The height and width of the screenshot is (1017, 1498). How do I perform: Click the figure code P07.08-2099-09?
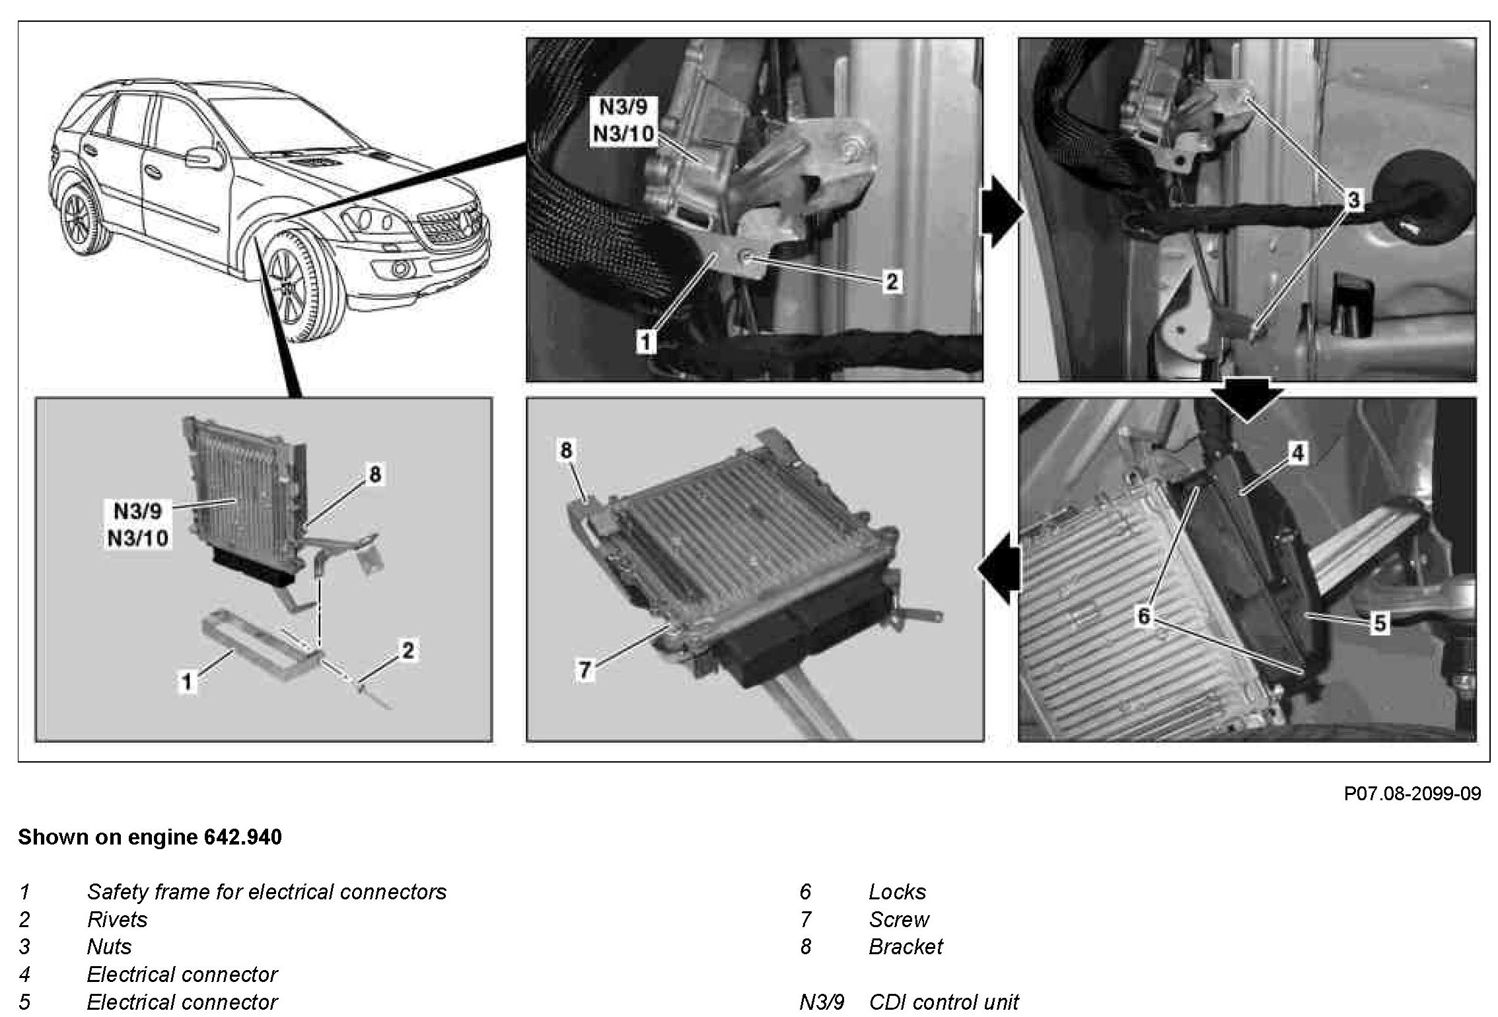(x=1412, y=794)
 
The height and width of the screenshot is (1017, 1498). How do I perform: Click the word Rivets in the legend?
(x=117, y=919)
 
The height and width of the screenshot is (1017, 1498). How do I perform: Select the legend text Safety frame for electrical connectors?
(x=267, y=892)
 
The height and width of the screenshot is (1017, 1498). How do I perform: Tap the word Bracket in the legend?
(x=906, y=946)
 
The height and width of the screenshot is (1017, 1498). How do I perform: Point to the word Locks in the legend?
(x=897, y=892)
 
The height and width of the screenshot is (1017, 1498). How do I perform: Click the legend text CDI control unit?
(x=944, y=1002)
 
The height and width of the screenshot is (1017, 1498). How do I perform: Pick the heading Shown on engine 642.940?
(x=150, y=837)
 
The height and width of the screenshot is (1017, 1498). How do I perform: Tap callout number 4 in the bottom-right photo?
(x=1297, y=453)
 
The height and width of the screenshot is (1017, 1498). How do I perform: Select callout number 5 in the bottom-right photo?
(x=1379, y=622)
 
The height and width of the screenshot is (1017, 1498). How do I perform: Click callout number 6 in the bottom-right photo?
(x=1143, y=616)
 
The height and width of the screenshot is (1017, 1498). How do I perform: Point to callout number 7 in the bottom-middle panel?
(x=584, y=670)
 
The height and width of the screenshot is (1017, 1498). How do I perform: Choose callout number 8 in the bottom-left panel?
(x=374, y=474)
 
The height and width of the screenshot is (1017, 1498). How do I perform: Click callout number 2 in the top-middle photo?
(x=892, y=282)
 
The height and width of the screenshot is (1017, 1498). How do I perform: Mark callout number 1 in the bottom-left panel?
(x=188, y=681)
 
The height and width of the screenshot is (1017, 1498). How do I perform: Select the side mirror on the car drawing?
(x=197, y=159)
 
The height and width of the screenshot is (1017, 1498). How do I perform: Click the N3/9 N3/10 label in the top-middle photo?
(x=623, y=120)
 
